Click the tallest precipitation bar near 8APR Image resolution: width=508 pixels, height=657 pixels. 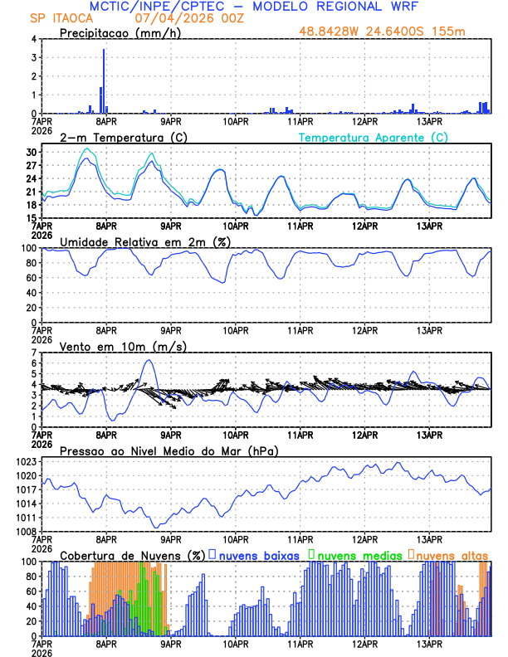(x=104, y=81)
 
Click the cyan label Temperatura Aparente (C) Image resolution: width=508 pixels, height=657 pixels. (x=374, y=137)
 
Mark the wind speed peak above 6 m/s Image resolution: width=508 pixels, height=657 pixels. (x=149, y=360)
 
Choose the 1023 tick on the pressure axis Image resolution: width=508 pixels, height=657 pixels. (x=25, y=462)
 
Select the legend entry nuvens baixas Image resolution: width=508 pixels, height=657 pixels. (x=259, y=554)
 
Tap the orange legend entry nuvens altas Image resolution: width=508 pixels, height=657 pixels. (x=452, y=554)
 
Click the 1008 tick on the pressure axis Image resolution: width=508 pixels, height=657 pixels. (x=25, y=531)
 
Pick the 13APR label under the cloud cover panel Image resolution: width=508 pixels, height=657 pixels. (x=428, y=642)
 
